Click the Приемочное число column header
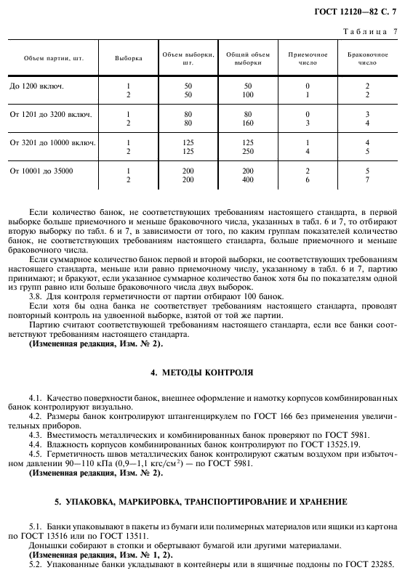coord(307,58)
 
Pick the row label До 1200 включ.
coord(37,86)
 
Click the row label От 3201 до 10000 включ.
coord(53,142)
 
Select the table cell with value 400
coord(247,179)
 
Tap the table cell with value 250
coord(247,151)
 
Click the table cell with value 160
coord(247,123)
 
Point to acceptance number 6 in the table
coord(307,179)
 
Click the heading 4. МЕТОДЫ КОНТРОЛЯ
coord(201,372)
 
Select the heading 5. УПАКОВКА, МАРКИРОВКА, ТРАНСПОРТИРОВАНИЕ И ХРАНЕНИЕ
coord(201,502)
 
